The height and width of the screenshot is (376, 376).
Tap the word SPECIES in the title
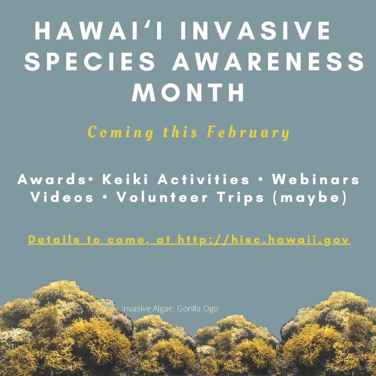coord(90,61)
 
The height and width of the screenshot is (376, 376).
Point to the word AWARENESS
coord(268,61)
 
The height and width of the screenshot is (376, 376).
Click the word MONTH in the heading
coord(188,92)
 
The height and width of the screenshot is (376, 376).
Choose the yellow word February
coord(249,132)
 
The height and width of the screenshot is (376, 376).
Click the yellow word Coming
coord(120,132)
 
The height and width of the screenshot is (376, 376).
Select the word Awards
coord(51,179)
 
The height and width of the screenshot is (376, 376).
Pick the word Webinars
coord(315,179)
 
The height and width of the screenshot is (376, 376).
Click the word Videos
coord(62,197)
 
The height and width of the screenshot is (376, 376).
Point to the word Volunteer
coord(162,197)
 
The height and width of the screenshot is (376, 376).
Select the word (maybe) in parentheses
coord(310,198)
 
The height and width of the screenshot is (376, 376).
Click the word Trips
coord(241,198)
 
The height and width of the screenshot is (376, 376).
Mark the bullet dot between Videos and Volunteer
coord(104,198)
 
